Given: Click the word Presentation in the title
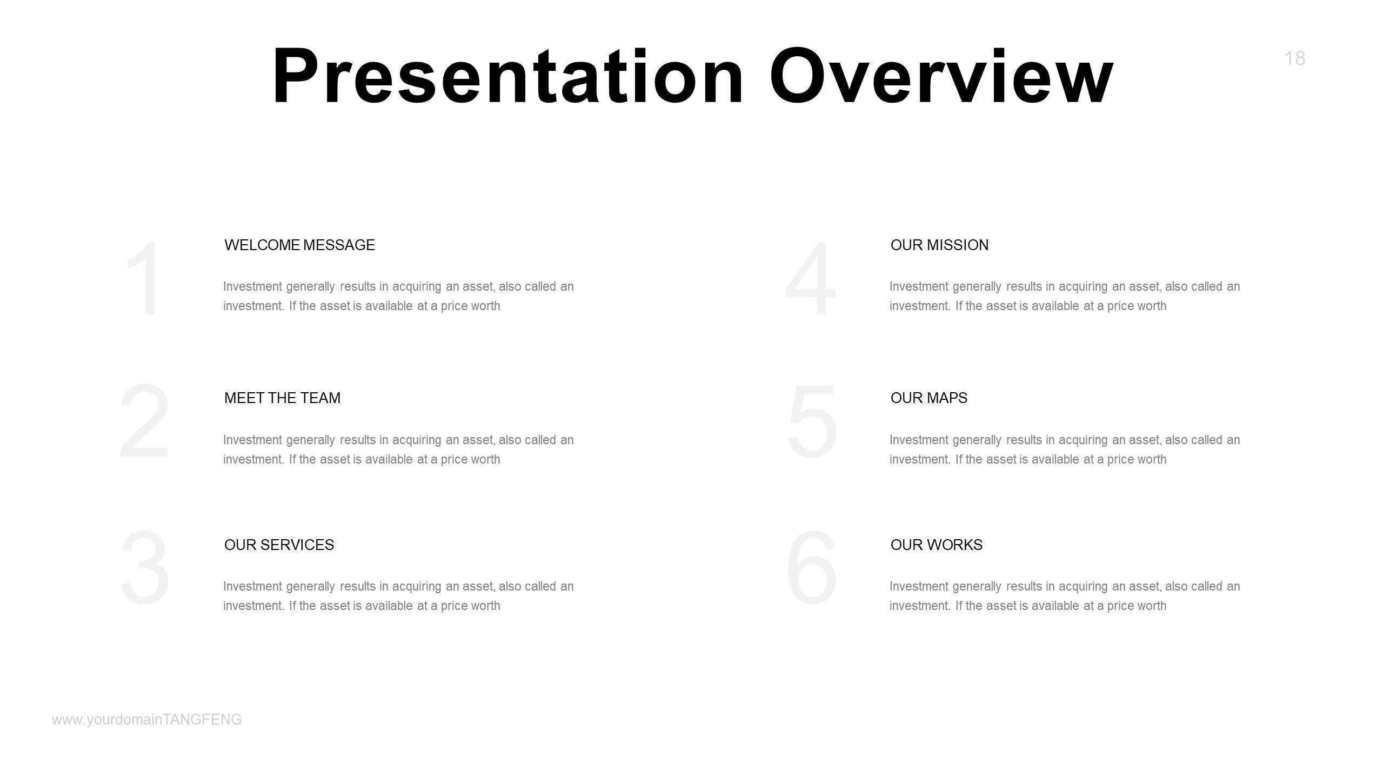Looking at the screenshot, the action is (x=508, y=76).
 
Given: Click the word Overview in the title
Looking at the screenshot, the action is (x=941, y=76).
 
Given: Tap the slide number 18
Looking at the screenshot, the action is (x=1294, y=58).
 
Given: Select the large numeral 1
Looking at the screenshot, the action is (x=145, y=279).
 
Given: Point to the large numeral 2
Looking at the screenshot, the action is (x=145, y=421).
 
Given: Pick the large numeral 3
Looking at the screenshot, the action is (x=145, y=568).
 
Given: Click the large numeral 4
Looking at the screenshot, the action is (x=811, y=279).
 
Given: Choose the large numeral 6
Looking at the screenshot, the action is (x=812, y=568).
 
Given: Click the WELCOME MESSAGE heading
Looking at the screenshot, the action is (x=299, y=245).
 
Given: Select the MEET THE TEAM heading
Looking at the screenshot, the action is (x=282, y=398).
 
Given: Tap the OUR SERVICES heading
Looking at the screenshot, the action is (x=279, y=545).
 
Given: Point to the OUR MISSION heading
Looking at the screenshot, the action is (x=939, y=245).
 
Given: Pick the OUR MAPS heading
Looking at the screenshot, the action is (x=928, y=398).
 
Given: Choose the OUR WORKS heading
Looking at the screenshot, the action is (x=936, y=545).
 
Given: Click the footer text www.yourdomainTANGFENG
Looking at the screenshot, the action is (x=147, y=720).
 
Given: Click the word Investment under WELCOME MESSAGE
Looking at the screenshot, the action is (x=253, y=286).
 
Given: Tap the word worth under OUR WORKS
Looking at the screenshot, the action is (x=1151, y=606).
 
